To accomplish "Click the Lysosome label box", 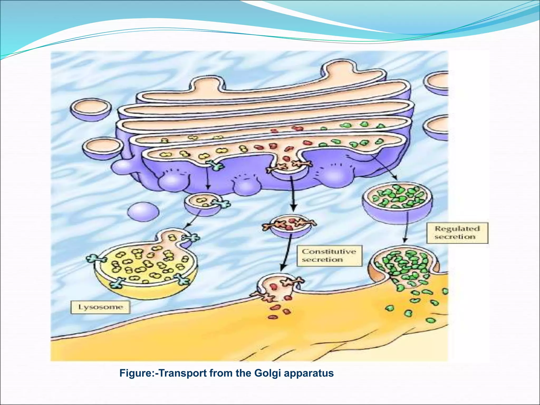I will [x=100, y=307].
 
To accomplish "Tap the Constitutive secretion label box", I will [x=329, y=255].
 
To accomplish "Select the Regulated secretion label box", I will [x=457, y=233].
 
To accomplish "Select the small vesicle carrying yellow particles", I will [x=202, y=205].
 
